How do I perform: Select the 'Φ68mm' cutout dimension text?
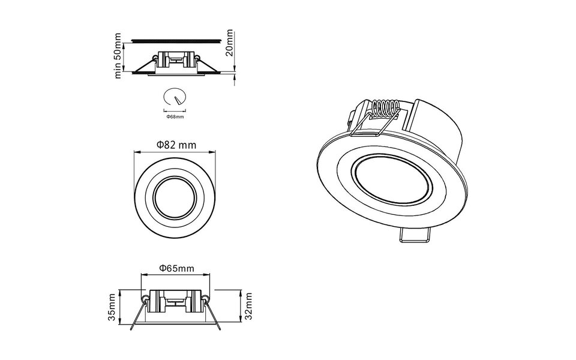(x=175, y=117)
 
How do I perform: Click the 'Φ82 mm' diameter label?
(x=176, y=145)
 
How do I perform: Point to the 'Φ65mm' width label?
(x=176, y=268)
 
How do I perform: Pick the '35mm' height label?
(x=112, y=307)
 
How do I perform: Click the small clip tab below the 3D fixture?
(x=415, y=236)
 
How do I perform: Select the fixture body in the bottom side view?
(x=176, y=300)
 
